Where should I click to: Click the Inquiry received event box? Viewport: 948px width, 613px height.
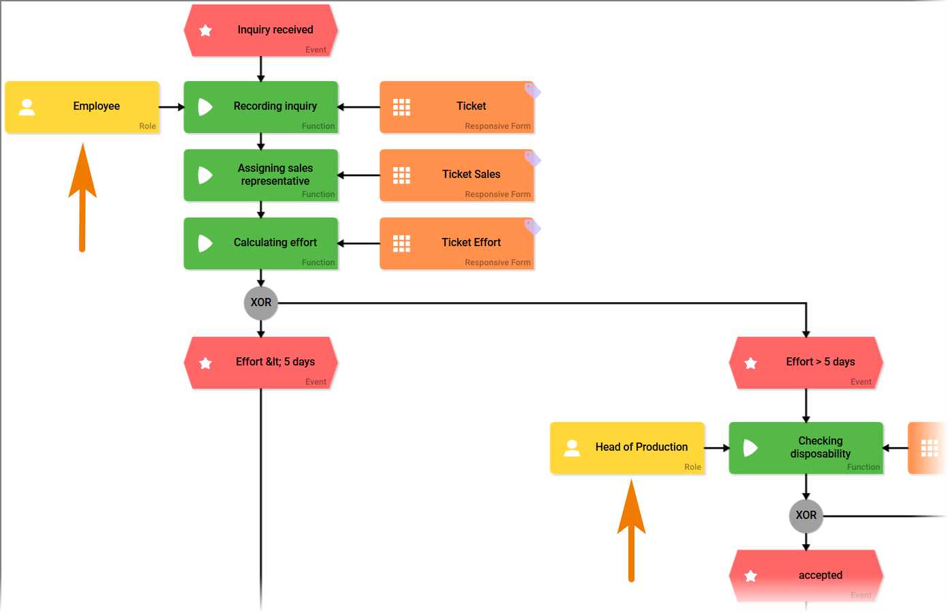tap(261, 31)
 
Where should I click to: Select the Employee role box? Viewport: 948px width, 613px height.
tap(82, 107)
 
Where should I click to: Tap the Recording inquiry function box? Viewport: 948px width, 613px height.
tap(261, 107)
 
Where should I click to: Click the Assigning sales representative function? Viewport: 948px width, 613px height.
tap(261, 175)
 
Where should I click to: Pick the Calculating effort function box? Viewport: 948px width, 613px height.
tap(261, 243)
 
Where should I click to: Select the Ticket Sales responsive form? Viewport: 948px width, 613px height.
tap(457, 175)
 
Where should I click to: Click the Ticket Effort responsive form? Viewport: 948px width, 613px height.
tap(457, 243)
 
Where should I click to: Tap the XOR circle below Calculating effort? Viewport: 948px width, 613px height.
tap(261, 303)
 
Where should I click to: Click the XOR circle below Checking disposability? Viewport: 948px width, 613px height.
tap(806, 515)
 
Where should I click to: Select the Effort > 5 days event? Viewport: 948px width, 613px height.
tap(806, 363)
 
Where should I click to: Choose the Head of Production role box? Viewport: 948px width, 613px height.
tap(627, 448)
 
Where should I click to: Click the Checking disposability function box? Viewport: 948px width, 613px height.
tap(806, 448)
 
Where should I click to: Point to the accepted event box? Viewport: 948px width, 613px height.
tap(806, 575)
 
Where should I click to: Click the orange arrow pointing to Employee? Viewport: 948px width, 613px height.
tap(82, 198)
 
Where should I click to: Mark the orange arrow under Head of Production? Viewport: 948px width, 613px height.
tap(632, 532)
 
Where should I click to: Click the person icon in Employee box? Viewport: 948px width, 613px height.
tap(27, 107)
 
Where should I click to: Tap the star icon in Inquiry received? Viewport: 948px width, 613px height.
tap(206, 31)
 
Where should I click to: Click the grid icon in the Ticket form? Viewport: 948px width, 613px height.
tap(401, 107)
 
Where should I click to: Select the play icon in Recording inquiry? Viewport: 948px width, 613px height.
tap(205, 107)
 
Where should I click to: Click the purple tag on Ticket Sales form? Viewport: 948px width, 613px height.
tap(532, 159)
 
